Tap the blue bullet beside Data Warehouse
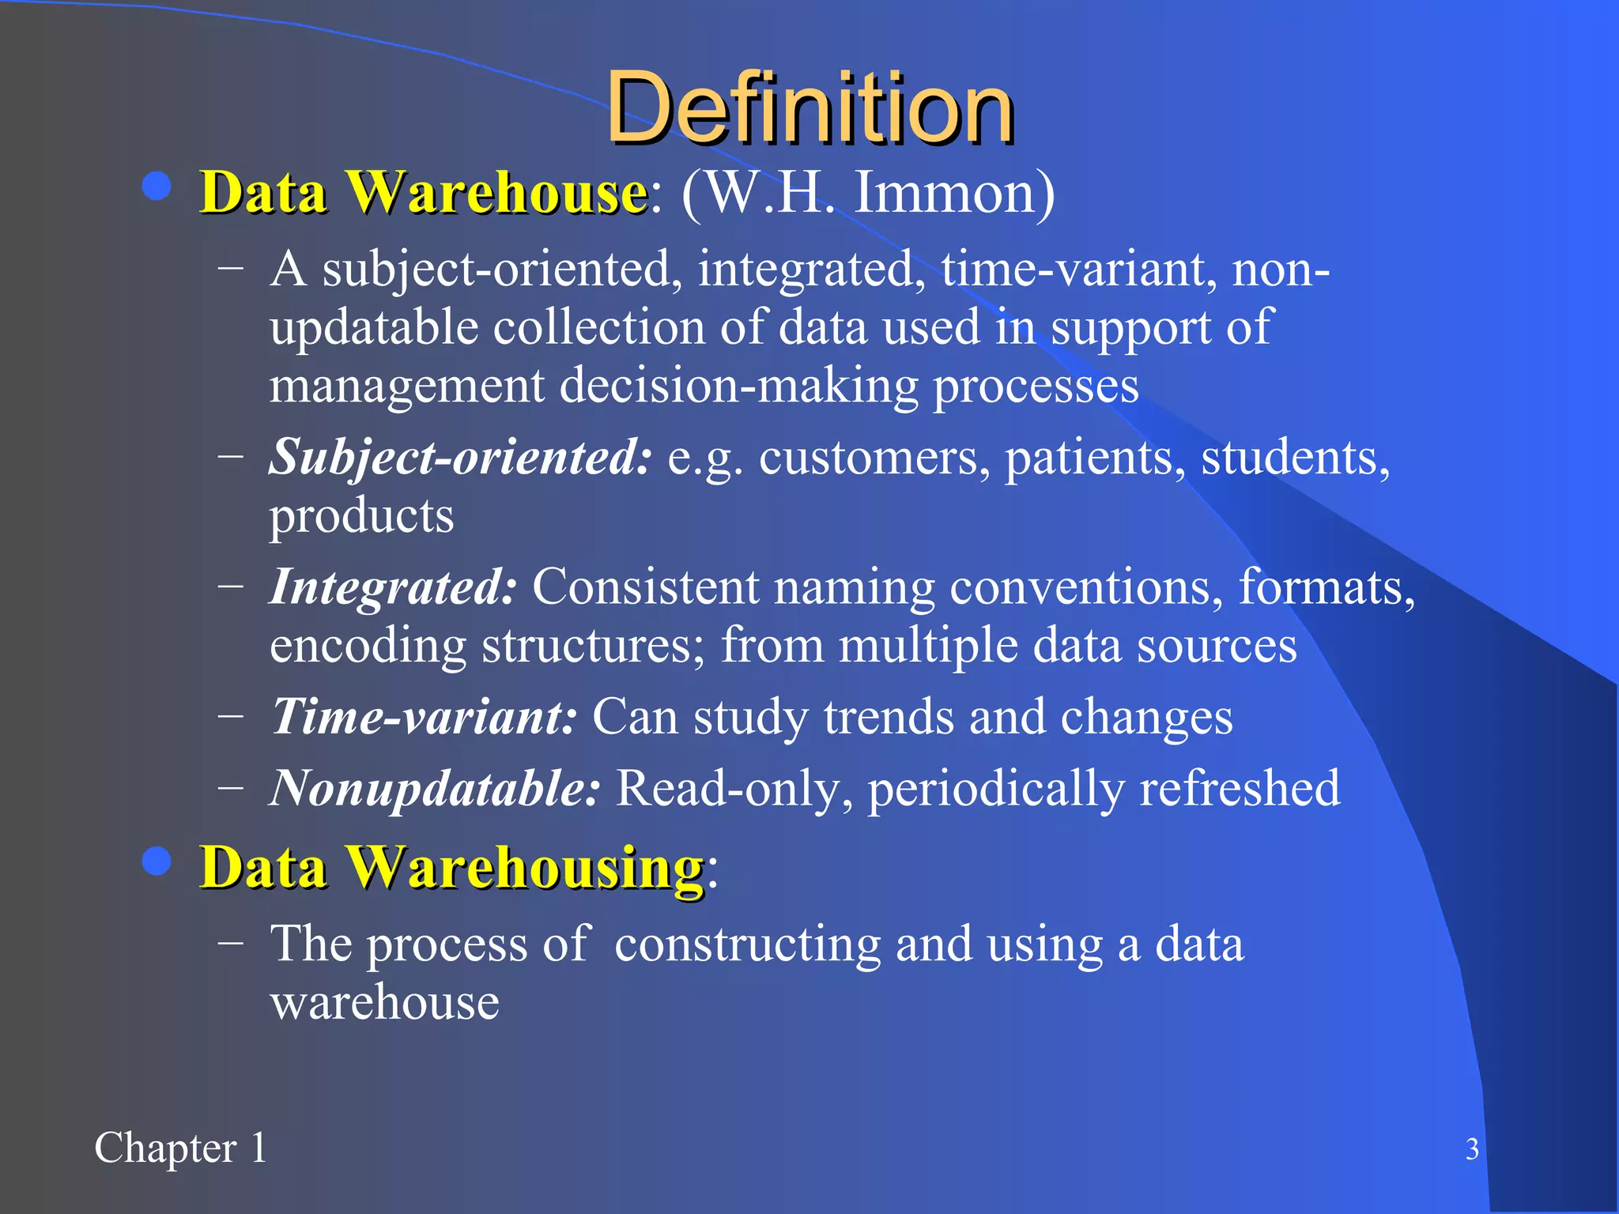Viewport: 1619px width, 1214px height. [x=157, y=188]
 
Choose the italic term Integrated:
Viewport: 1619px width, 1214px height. [x=394, y=587]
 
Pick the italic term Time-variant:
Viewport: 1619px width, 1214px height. [x=424, y=717]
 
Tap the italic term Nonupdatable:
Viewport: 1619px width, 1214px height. [x=435, y=788]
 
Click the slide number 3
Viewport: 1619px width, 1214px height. [x=1472, y=1149]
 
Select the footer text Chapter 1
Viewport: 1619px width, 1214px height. [x=181, y=1148]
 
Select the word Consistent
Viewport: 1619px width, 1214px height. [x=645, y=587]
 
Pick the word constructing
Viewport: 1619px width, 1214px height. [x=747, y=944]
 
